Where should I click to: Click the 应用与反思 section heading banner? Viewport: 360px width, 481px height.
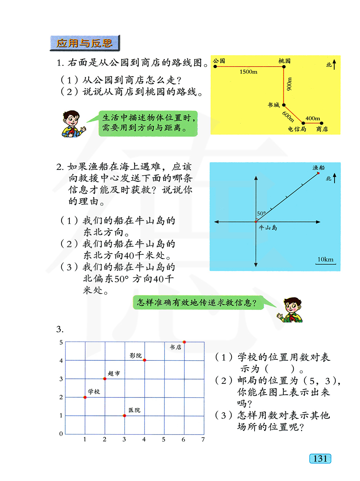click(x=84, y=43)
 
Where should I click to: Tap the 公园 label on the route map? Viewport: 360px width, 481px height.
click(x=219, y=61)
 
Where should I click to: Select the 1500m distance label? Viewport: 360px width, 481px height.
click(x=248, y=72)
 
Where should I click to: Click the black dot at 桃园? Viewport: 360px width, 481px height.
click(x=284, y=67)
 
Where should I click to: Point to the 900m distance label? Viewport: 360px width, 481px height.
click(x=289, y=84)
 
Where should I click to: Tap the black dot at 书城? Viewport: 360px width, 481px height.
click(x=284, y=105)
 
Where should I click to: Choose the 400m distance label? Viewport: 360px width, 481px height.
click(x=312, y=118)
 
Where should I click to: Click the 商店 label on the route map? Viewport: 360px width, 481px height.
click(x=322, y=129)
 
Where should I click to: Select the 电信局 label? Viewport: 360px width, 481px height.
click(x=297, y=129)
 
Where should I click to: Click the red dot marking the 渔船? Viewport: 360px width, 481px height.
click(x=318, y=173)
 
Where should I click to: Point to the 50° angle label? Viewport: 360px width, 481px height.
click(x=261, y=213)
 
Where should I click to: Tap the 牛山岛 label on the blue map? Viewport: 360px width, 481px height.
click(x=268, y=228)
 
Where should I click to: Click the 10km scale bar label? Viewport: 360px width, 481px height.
click(x=325, y=259)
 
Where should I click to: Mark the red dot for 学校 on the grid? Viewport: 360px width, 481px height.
click(x=85, y=397)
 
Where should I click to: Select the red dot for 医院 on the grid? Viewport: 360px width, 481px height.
click(x=125, y=415)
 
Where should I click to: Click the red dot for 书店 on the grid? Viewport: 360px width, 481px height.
click(x=184, y=342)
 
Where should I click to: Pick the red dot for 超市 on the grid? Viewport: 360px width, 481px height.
click(x=105, y=379)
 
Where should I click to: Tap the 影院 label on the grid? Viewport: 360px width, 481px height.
click(x=136, y=355)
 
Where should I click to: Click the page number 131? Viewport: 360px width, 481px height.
click(x=320, y=458)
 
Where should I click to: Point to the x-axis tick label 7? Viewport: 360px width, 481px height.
click(x=203, y=439)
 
